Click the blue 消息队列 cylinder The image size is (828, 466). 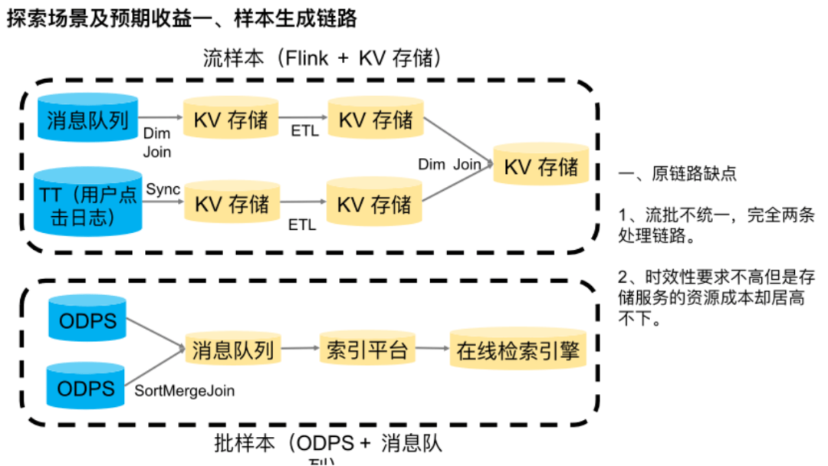click(x=87, y=121)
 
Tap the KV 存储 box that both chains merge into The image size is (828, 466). click(x=540, y=167)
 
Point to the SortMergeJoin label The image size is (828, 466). click(x=185, y=391)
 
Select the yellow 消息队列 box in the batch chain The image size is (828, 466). click(x=232, y=350)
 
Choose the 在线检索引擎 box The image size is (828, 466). click(x=517, y=350)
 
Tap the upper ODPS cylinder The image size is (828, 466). click(x=87, y=319)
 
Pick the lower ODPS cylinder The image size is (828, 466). click(x=87, y=388)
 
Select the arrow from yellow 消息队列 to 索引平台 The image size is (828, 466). click(x=300, y=349)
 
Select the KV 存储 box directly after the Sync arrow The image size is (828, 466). click(x=232, y=204)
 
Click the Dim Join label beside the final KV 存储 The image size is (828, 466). click(x=449, y=164)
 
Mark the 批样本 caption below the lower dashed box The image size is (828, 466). click(x=243, y=445)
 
